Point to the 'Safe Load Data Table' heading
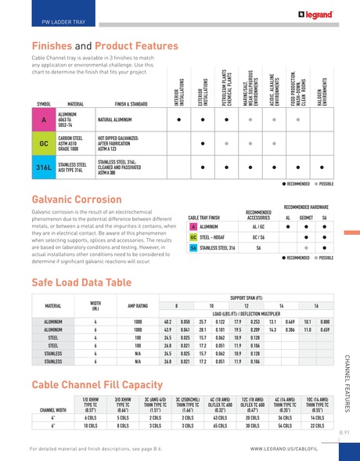81,279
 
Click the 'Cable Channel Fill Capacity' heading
98,384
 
